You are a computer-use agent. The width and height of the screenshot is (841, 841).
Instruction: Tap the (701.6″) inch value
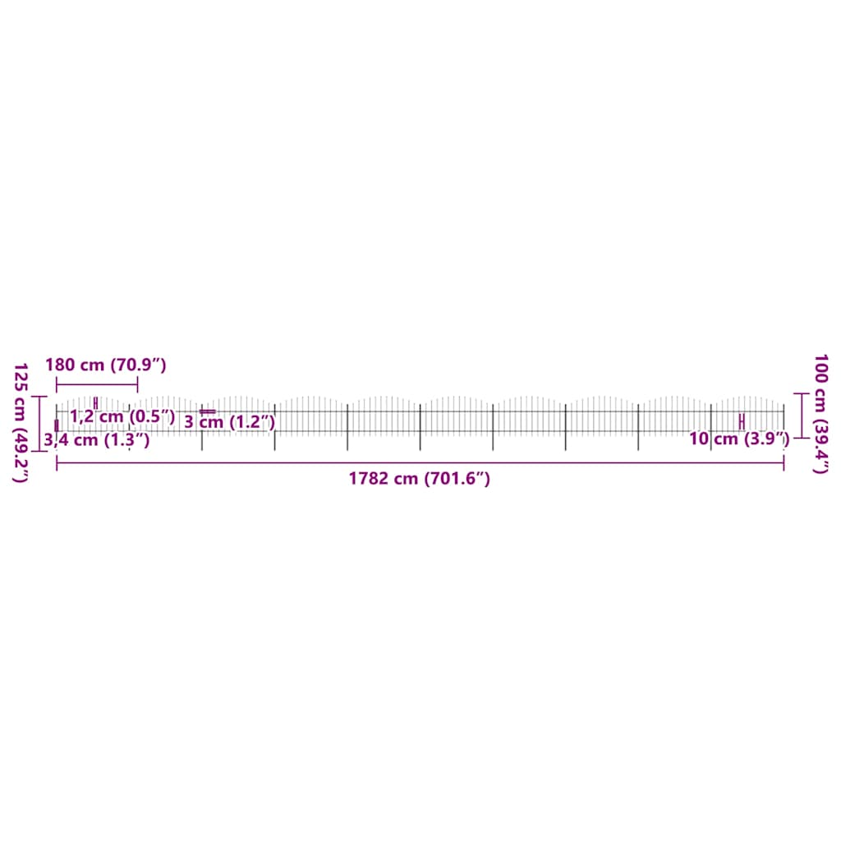click(x=457, y=480)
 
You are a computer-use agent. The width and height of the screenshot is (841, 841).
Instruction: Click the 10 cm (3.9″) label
click(x=739, y=439)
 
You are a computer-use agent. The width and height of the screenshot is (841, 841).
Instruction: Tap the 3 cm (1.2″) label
click(x=229, y=423)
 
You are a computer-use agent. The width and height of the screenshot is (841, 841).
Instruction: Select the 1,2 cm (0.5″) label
click(x=122, y=416)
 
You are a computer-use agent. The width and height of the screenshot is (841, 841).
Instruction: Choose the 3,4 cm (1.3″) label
click(x=97, y=440)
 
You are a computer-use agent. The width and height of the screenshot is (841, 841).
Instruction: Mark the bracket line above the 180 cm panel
click(x=97, y=384)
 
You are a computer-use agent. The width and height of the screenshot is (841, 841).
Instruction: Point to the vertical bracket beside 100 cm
click(x=802, y=416)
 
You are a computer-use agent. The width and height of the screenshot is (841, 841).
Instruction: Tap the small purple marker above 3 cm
click(x=207, y=411)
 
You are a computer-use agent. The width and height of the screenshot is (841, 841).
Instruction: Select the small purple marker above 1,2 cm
click(x=96, y=402)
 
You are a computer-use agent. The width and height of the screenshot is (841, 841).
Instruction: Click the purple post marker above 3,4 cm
click(x=57, y=425)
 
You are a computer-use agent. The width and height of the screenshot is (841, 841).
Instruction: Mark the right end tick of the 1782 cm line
click(x=784, y=464)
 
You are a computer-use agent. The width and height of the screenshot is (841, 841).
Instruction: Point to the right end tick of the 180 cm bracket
click(x=137, y=384)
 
